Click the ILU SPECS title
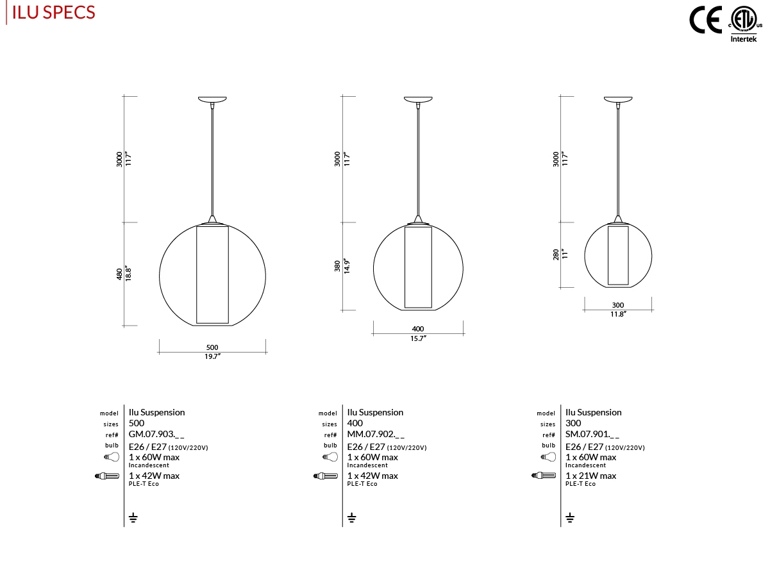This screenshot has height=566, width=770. coord(53,13)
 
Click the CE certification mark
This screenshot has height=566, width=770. coord(705,20)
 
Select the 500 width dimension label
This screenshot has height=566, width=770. coord(212,347)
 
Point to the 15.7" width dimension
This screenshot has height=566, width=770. coord(418,338)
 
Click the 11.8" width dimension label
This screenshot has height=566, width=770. coord(618,314)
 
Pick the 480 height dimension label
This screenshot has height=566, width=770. coord(119,274)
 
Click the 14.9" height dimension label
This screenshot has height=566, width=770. coord(347,266)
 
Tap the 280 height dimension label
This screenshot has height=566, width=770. coord(556,254)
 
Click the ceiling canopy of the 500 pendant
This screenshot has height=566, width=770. coord(212,99)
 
